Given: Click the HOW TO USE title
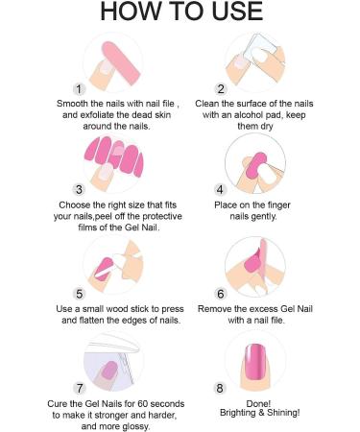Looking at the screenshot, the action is click(181, 12).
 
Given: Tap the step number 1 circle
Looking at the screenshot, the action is click(79, 89).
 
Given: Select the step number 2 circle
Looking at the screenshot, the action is click(221, 89).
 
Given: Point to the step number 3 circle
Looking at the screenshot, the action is click(79, 189).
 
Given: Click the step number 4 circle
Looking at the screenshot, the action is click(220, 189).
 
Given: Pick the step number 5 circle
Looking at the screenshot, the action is click(79, 294).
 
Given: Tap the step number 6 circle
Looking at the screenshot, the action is click(221, 294).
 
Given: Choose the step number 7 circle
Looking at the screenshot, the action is click(79, 388).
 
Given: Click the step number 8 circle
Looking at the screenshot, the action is click(220, 388).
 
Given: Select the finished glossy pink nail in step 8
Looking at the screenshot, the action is click(256, 362).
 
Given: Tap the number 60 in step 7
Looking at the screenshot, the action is click(143, 404).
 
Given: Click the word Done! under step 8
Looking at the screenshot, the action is click(258, 403).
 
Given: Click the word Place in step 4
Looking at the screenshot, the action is click(225, 204).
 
